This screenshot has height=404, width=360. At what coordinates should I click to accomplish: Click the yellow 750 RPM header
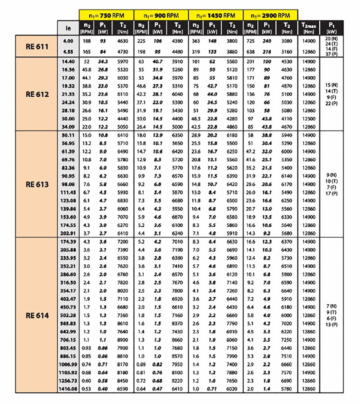pos(106,15)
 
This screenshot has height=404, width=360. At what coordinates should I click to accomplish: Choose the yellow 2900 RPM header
pos(271,15)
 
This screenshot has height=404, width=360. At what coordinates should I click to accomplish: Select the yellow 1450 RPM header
pos(216,15)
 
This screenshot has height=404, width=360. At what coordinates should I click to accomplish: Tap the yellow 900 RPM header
pos(161,15)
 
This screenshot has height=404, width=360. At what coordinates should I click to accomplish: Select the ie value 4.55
pos(68,52)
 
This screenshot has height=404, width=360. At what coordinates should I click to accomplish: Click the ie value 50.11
pos(68,135)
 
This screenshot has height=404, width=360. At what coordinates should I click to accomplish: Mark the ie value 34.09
pos(68,127)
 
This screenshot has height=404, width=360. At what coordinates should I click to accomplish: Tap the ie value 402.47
pos(68,299)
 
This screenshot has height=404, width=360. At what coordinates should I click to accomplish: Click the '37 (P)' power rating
pos(331,54)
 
